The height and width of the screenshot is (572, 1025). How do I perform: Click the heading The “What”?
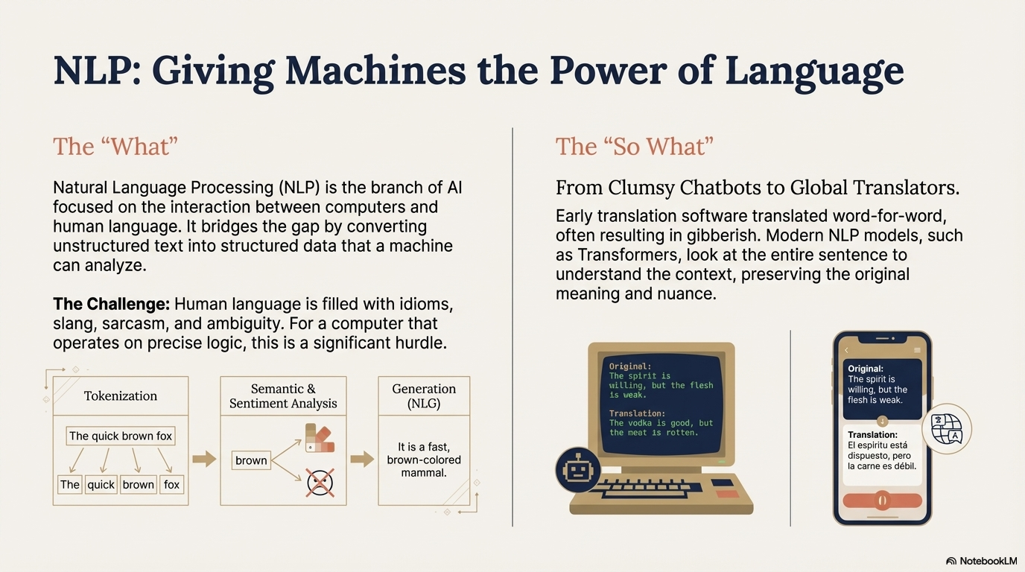[115, 146]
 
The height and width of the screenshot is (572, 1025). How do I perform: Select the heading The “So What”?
[634, 146]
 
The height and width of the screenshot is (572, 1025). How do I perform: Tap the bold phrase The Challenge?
[112, 305]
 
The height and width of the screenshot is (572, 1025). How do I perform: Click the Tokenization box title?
[121, 395]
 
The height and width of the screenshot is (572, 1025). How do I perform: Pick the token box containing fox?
[171, 484]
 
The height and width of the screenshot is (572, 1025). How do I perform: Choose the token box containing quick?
[101, 484]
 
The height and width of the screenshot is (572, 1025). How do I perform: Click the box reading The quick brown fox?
[121, 436]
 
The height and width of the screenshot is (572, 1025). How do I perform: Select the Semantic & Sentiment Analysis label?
[283, 396]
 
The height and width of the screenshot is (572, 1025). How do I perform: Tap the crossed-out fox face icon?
[320, 483]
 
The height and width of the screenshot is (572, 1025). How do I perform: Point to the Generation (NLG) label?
[424, 396]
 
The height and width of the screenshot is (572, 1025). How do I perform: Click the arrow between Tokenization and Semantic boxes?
[203, 459]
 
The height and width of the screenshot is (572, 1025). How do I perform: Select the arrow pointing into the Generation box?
[362, 459]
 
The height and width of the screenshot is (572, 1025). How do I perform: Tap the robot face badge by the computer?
[578, 471]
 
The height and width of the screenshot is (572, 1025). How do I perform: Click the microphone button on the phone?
[882, 500]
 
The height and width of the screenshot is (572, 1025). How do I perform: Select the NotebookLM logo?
[981, 560]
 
